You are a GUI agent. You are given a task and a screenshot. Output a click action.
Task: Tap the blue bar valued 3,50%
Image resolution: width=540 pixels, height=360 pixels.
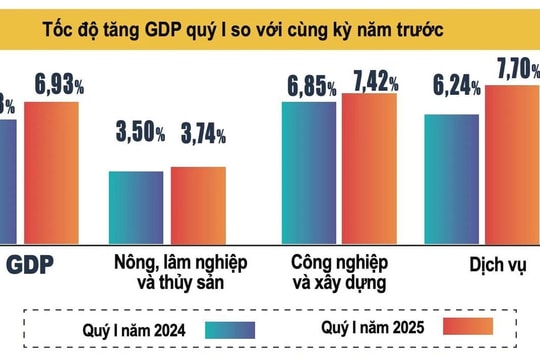[x=135, y=205]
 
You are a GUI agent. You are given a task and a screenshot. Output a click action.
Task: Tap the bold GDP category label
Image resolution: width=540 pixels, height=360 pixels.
[x=30, y=266]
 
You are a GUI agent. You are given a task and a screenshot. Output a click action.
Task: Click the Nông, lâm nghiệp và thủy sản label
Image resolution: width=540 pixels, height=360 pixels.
[x=176, y=272]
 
